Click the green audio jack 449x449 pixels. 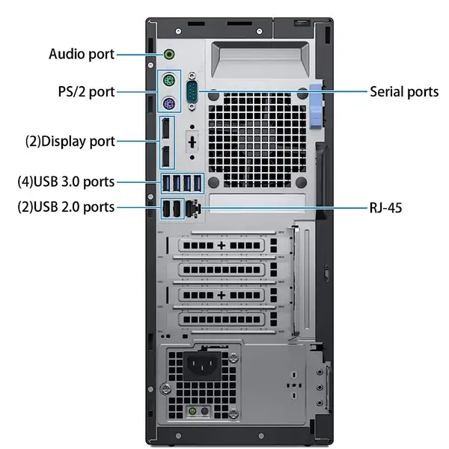coord(169,54)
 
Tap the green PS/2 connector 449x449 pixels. coord(169,80)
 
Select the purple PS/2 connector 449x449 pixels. coord(169,103)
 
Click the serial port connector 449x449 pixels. coord(192,91)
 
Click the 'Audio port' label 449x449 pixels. coord(82,55)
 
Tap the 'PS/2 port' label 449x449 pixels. coord(86,92)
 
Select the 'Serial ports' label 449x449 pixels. coord(404,92)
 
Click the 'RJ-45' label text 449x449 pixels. coord(385,207)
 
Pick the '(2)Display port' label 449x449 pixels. coord(70,141)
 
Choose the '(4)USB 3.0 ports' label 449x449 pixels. coord(66,182)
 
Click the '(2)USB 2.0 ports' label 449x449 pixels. coord(66,207)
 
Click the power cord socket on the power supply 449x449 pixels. coord(202,366)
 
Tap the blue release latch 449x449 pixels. coord(316,106)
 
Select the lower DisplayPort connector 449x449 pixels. coord(166,156)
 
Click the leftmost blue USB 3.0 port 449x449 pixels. coord(166,183)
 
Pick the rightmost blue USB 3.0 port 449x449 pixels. coord(197,183)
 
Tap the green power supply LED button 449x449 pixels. coord(193,411)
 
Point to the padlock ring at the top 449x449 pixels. coord(302,22)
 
